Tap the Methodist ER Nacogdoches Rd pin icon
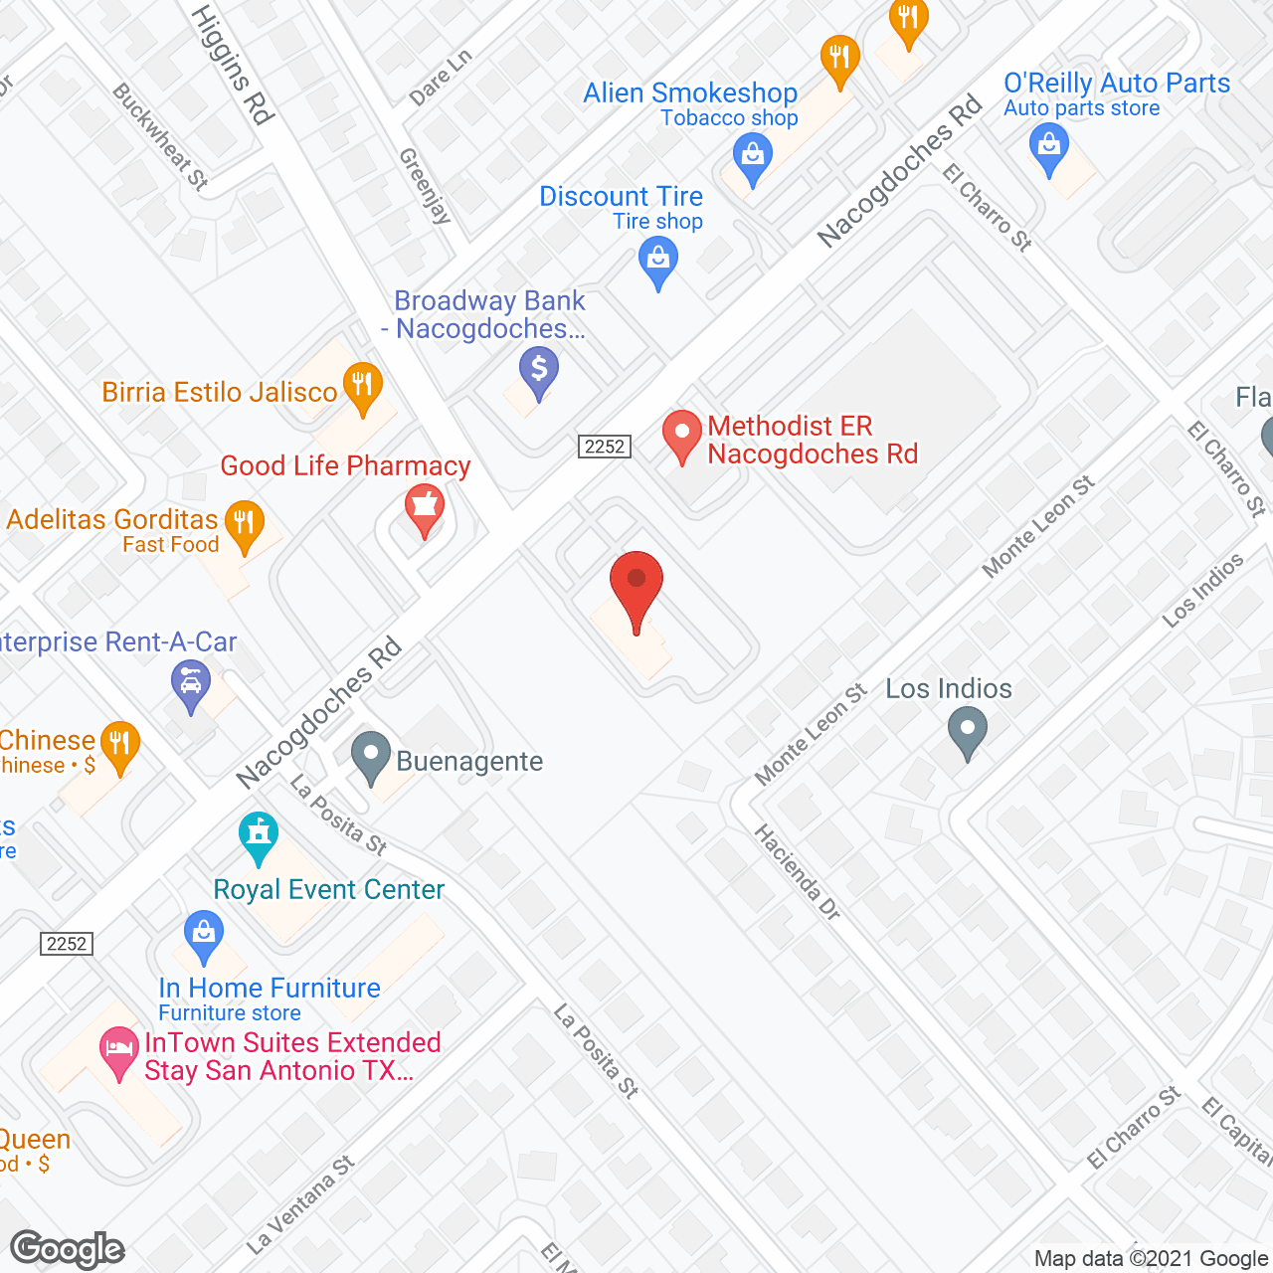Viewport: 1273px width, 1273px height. click(x=682, y=434)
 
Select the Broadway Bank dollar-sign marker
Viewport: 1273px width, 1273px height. click(x=538, y=371)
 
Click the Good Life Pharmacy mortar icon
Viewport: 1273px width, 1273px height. click(x=425, y=508)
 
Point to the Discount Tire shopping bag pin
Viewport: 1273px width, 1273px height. click(x=657, y=263)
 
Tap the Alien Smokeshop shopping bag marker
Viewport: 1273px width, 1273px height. click(x=753, y=157)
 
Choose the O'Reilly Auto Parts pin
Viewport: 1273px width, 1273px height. click(x=1048, y=147)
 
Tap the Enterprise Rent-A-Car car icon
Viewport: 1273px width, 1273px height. click(x=190, y=684)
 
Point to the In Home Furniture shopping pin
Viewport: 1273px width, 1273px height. click(x=204, y=936)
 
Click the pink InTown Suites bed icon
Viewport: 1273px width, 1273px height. click(x=119, y=1050)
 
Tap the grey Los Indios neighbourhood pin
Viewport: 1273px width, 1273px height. click(x=967, y=732)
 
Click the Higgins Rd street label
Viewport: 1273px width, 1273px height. click(x=231, y=65)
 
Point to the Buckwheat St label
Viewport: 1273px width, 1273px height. click(x=160, y=136)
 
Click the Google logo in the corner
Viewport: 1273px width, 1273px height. click(x=68, y=1249)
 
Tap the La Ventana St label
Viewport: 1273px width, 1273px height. click(x=300, y=1204)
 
